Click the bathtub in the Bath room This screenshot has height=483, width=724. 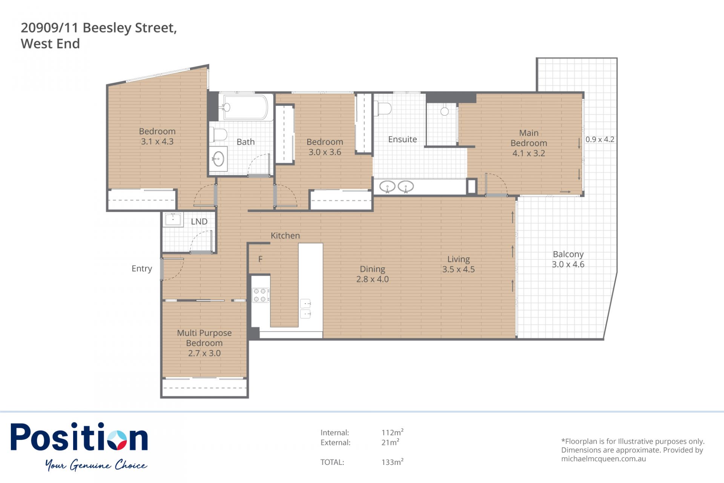point(246,107)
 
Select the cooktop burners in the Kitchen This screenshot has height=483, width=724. point(260,295)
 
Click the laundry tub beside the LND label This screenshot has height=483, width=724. point(173,219)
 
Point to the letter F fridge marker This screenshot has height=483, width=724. point(260,259)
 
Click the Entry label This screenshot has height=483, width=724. point(142,269)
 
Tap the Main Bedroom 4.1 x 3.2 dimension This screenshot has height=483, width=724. point(529,153)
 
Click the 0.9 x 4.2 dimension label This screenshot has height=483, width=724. point(600,139)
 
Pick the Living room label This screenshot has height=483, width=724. point(459,259)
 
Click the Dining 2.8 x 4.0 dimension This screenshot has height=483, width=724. point(373,279)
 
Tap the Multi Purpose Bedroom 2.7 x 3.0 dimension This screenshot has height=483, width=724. point(204,353)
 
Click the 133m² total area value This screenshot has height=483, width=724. point(393,462)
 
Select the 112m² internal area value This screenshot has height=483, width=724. point(393,432)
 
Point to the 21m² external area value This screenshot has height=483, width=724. point(390,442)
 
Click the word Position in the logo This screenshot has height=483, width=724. point(79,438)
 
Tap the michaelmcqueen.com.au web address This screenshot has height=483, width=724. point(603,459)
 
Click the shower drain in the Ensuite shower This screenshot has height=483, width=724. point(445,111)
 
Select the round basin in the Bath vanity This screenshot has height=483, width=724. point(218,159)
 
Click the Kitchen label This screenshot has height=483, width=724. point(285,236)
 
